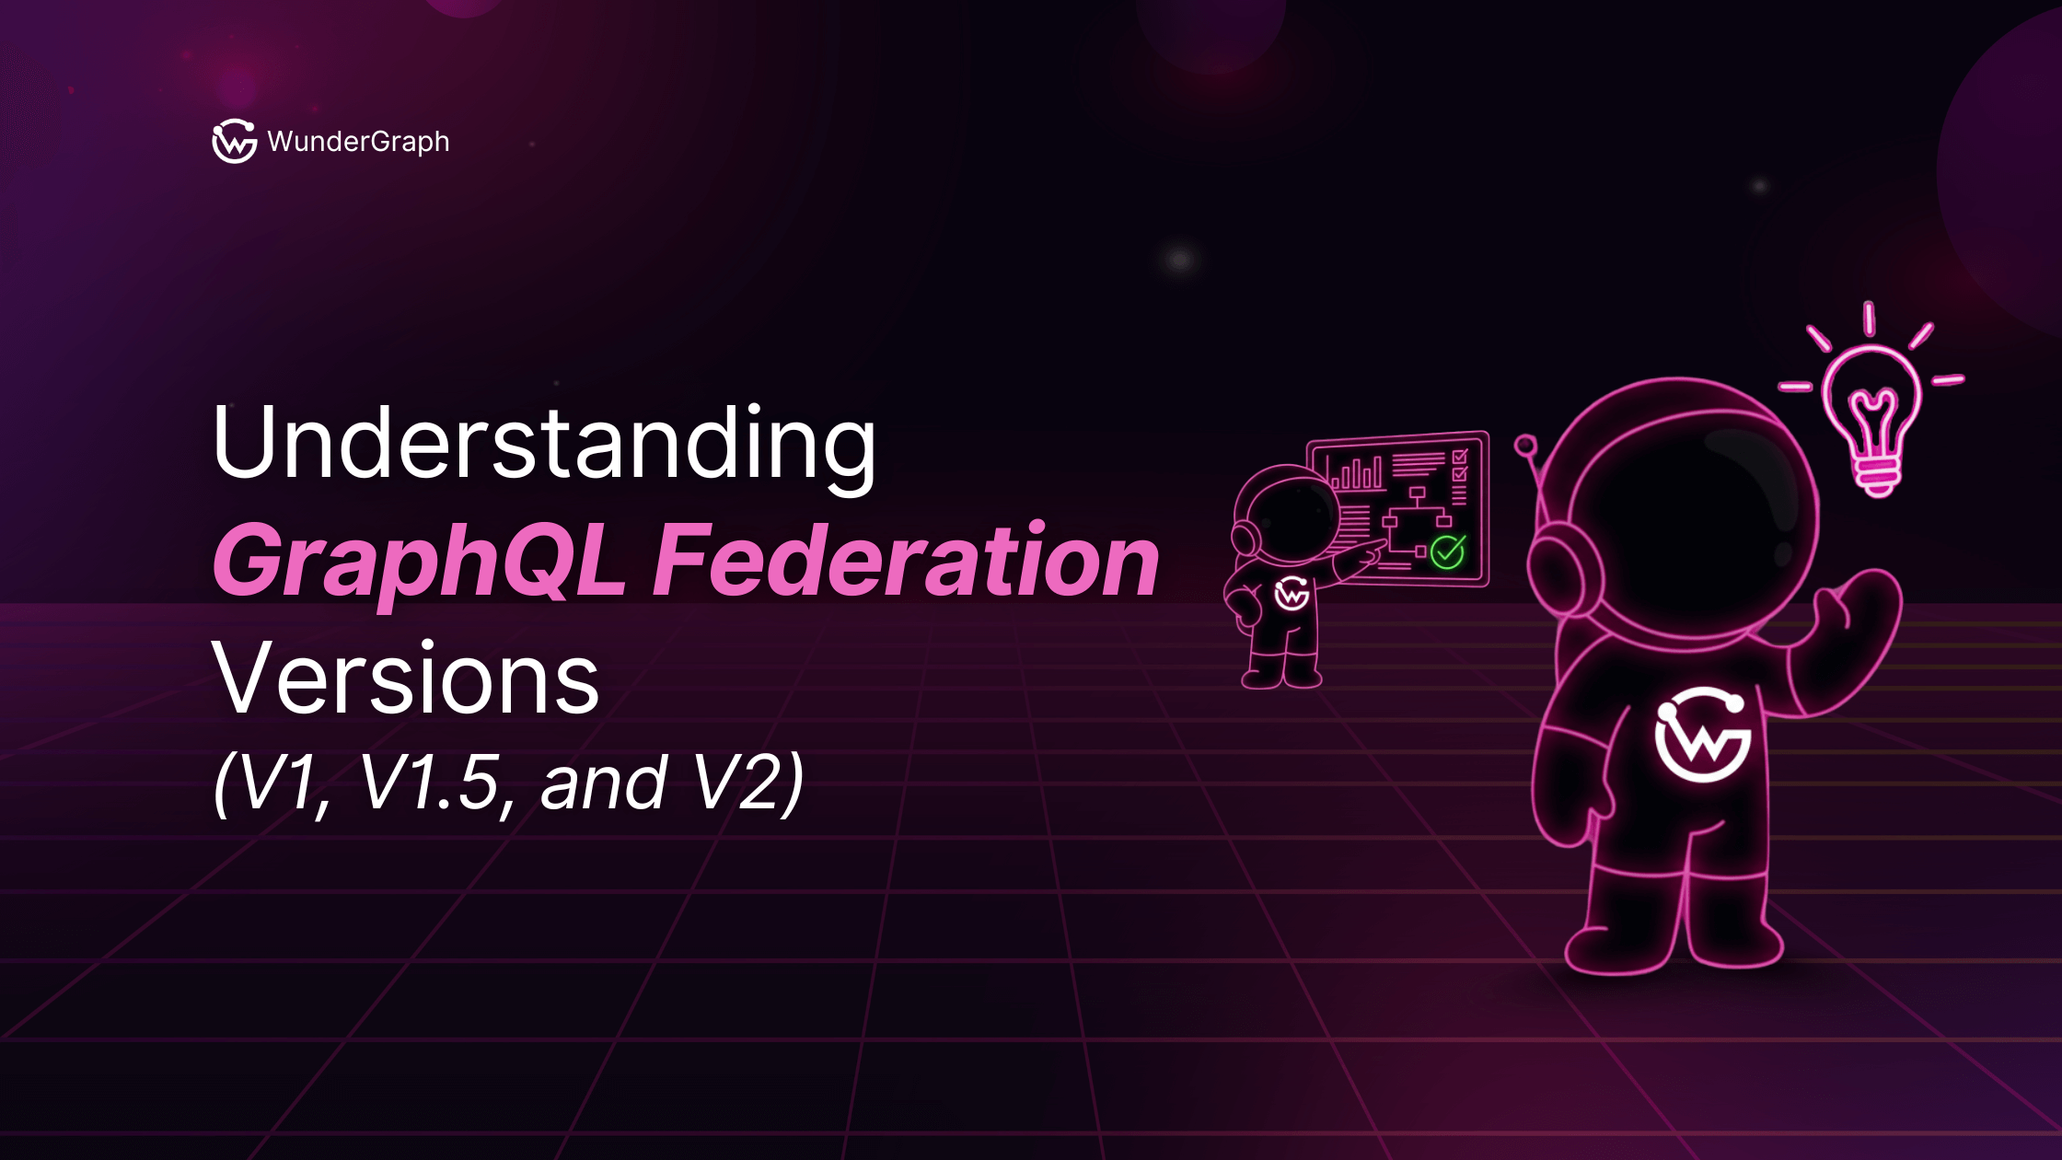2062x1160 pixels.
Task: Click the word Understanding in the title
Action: point(543,444)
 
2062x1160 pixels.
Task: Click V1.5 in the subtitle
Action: point(429,783)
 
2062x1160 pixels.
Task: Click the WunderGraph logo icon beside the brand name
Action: point(234,141)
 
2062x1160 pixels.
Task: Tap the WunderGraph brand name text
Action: point(358,142)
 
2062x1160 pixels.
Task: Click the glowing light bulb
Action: point(1872,419)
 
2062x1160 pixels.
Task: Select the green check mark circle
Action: point(1447,551)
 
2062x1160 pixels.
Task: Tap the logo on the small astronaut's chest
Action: point(1292,594)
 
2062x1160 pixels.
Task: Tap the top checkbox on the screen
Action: point(1460,457)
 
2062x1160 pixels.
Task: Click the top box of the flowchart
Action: point(1417,494)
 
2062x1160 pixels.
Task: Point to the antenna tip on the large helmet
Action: point(1525,446)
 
